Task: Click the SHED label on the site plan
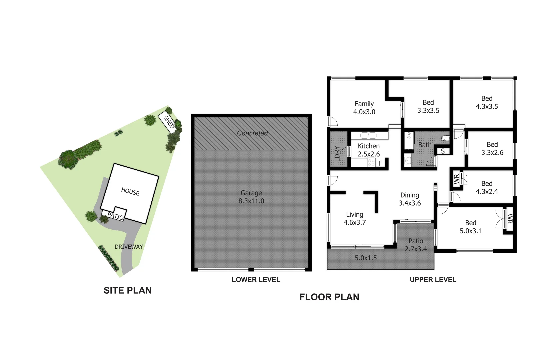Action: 169,122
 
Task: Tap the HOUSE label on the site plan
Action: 130,192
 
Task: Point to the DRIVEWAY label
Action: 129,247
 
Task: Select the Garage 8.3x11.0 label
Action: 251,197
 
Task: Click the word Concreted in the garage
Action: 252,133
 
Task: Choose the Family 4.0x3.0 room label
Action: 364,108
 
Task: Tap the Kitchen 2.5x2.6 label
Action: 369,150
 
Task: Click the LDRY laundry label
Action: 337,154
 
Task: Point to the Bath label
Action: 425,145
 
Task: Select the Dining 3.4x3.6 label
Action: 410,199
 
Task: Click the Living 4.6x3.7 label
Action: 355,218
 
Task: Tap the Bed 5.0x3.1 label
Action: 471,227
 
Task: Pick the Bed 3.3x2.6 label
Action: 492,148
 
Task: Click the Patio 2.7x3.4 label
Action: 416,245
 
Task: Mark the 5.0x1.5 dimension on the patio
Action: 366,258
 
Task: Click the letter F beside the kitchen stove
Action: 380,163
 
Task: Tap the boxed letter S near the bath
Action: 443,151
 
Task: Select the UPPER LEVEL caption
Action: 433,280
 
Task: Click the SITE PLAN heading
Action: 128,290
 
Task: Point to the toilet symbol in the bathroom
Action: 445,138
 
